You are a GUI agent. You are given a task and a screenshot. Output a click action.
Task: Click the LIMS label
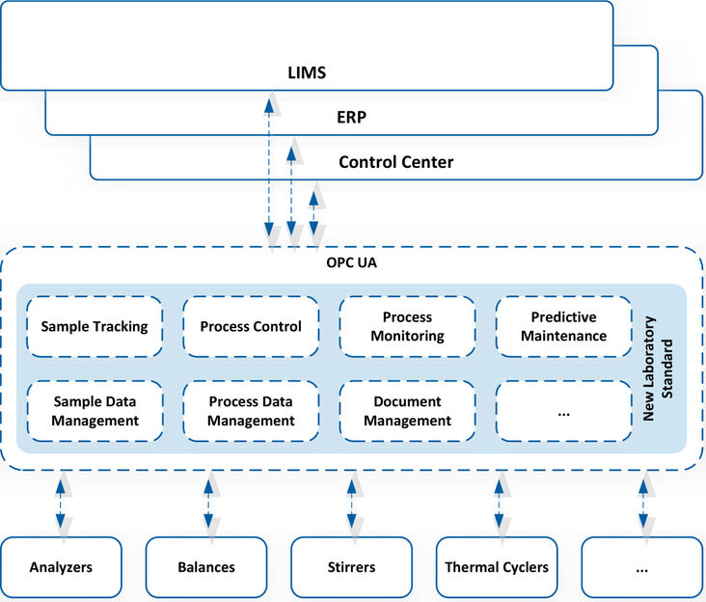click(x=307, y=72)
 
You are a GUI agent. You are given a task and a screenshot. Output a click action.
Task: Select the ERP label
click(x=352, y=117)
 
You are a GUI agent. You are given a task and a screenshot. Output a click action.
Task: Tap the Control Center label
click(x=395, y=162)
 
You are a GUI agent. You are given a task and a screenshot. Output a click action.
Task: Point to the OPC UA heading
click(x=352, y=262)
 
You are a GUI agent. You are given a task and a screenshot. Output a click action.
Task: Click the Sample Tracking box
click(x=95, y=326)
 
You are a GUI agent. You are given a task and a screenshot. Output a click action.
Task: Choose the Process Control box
click(x=251, y=326)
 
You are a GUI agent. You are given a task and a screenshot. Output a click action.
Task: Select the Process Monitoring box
click(x=407, y=326)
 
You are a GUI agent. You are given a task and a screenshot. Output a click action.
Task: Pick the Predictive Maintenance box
click(x=563, y=326)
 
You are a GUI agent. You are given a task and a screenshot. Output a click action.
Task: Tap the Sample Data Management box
click(x=95, y=411)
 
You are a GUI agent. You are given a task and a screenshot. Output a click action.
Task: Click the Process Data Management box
click(x=251, y=411)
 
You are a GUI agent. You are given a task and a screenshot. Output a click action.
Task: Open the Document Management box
click(x=407, y=411)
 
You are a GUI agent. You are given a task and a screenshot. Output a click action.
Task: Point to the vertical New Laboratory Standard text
click(x=658, y=369)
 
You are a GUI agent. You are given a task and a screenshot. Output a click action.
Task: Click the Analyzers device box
click(x=61, y=567)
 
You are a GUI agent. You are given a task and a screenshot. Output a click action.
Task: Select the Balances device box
click(x=206, y=567)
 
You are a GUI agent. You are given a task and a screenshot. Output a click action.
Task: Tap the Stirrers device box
click(x=352, y=567)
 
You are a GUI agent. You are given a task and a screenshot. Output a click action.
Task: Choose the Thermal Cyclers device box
click(x=497, y=567)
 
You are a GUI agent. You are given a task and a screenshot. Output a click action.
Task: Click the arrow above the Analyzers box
click(x=61, y=504)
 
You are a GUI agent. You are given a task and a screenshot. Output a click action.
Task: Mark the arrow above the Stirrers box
click(x=352, y=504)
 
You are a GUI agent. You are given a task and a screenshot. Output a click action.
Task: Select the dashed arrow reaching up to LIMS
click(x=269, y=168)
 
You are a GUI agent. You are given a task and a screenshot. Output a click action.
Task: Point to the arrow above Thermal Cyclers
click(x=499, y=504)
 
